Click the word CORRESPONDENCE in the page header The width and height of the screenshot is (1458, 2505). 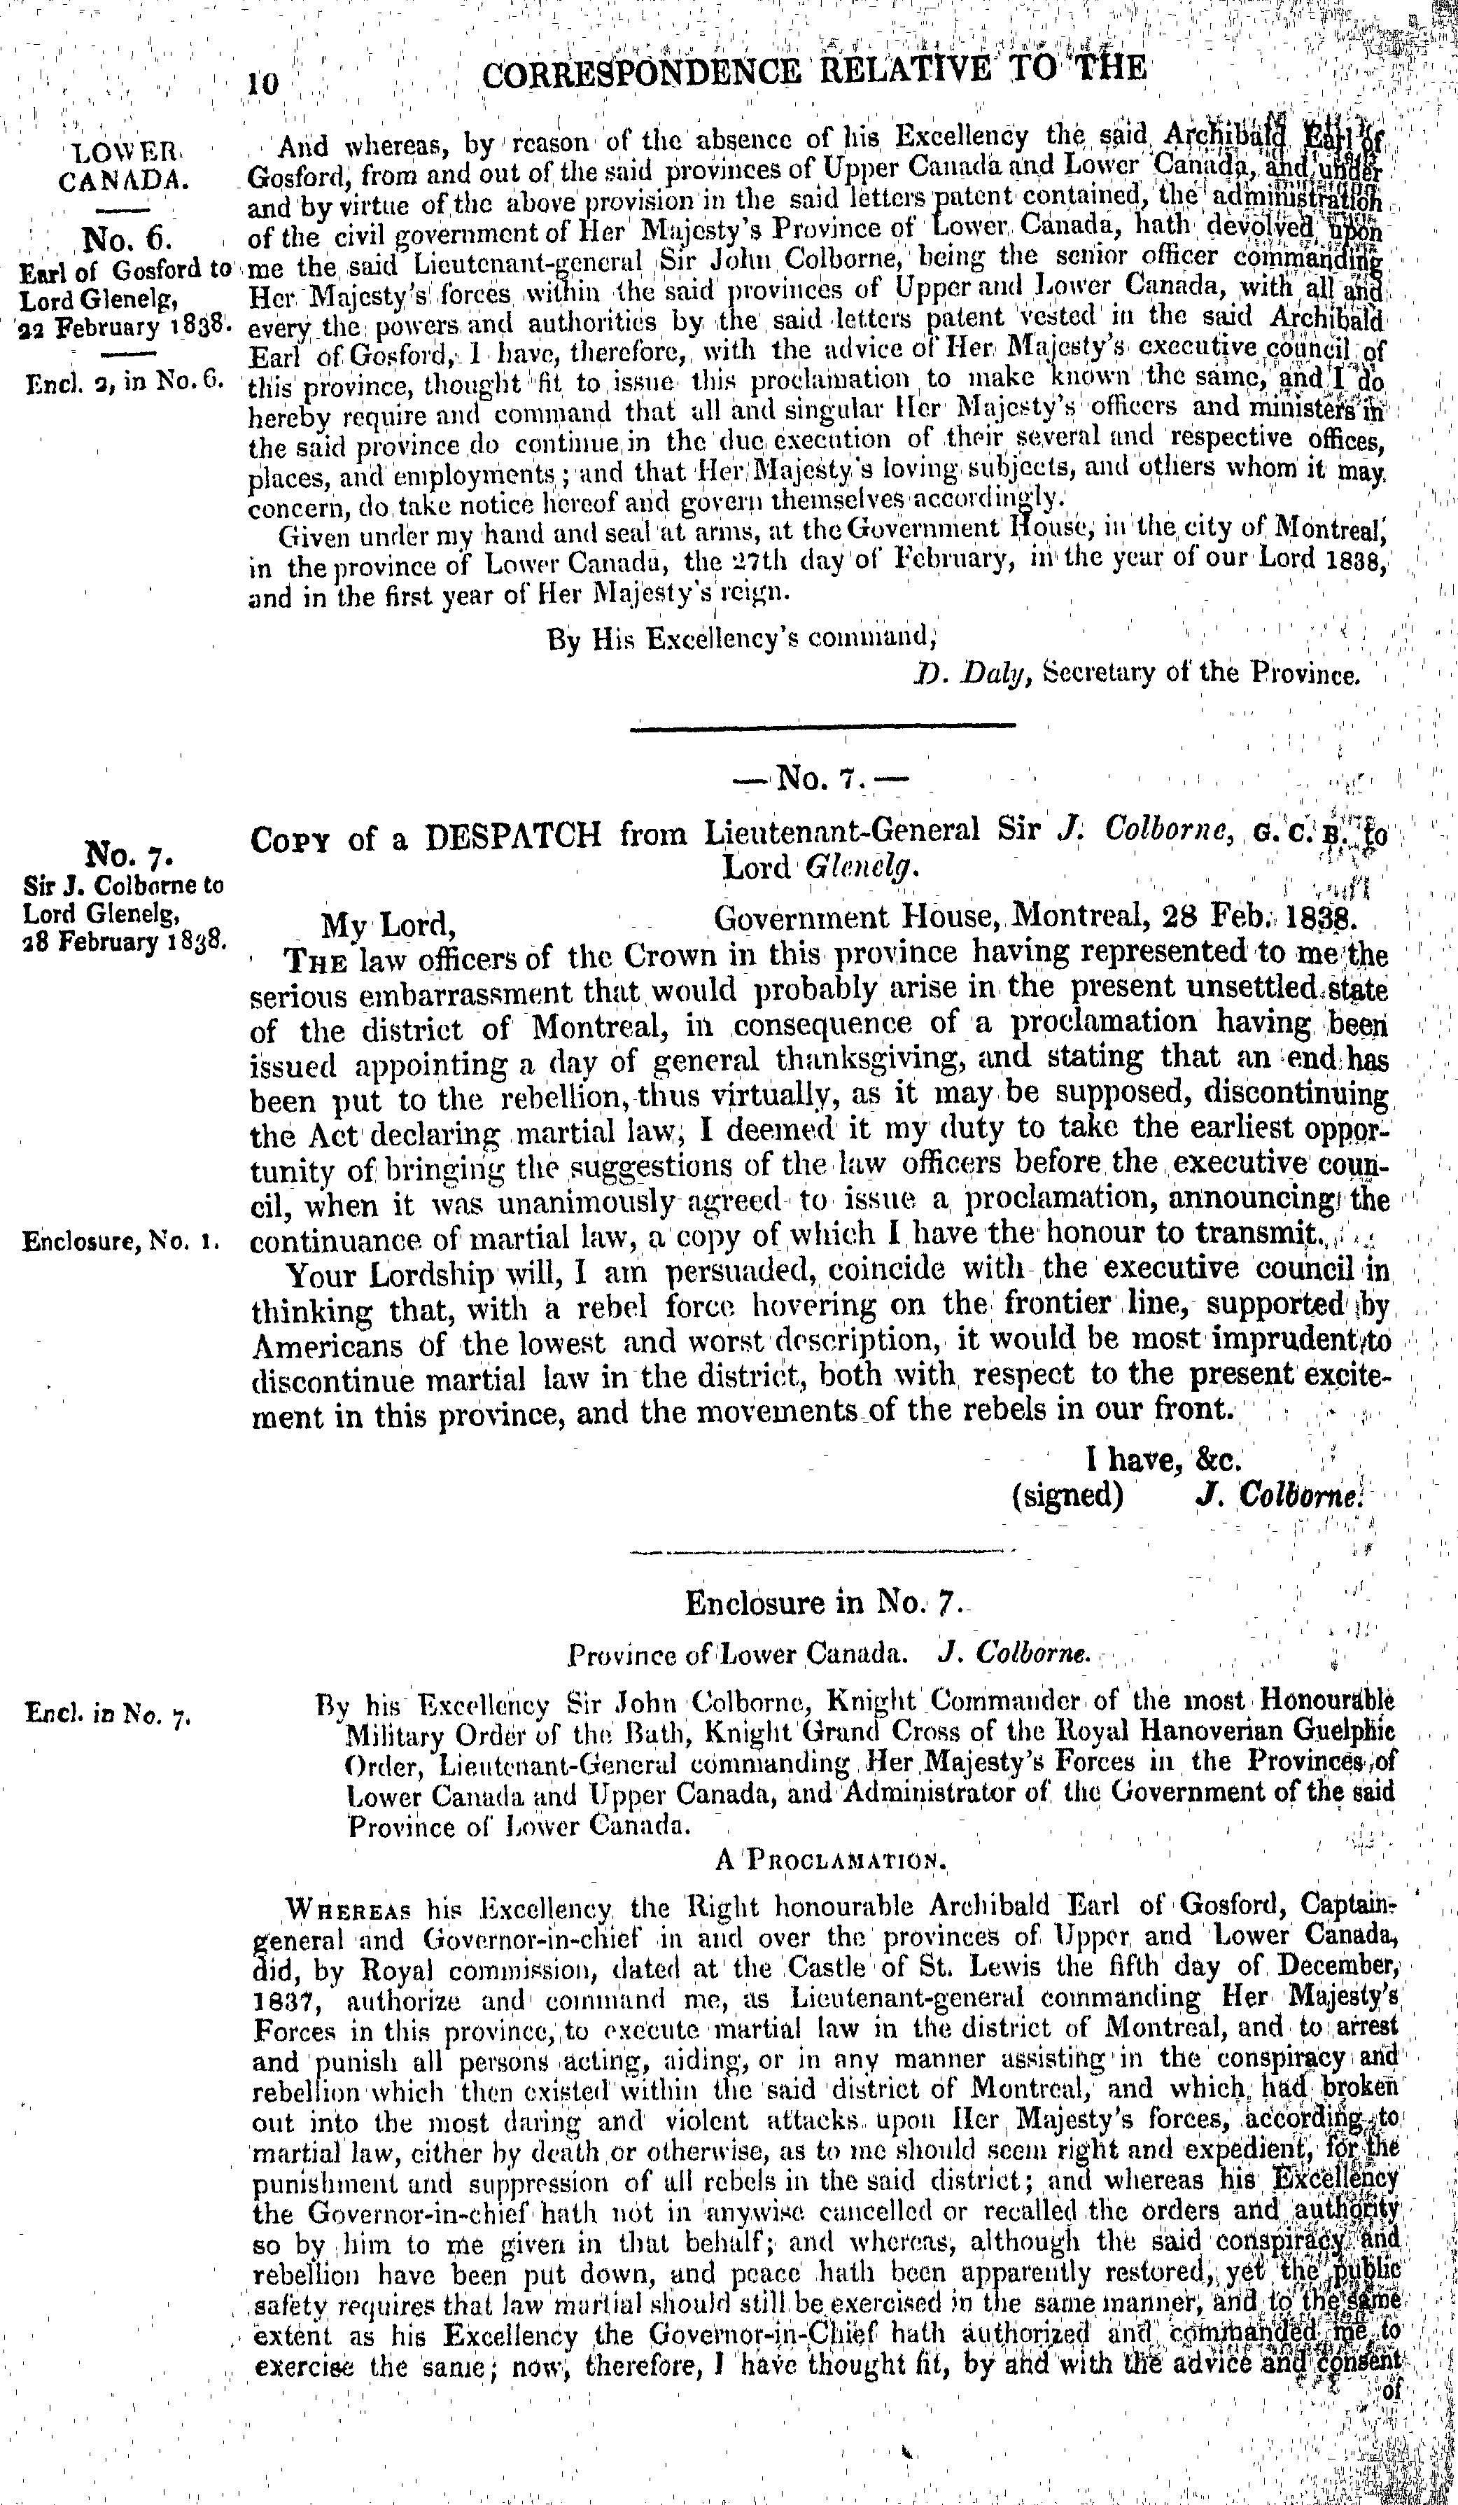tap(640, 71)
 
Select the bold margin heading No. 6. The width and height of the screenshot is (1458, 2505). tap(129, 239)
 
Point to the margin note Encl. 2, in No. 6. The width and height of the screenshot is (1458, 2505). tap(125, 381)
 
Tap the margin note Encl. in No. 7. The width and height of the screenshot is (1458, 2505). tap(107, 1715)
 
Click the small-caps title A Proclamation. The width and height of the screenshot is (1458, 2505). tap(825, 1859)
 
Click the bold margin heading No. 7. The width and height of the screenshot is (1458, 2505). tap(130, 854)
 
